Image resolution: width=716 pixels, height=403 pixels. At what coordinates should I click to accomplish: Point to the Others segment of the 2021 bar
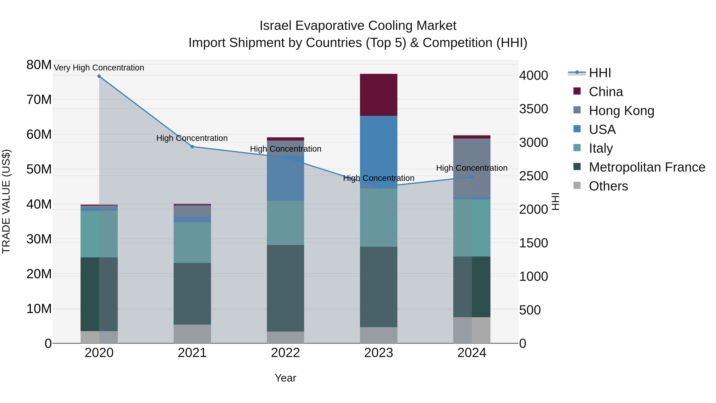(x=192, y=334)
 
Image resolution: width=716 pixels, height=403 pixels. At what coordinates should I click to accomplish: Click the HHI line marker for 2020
(x=99, y=76)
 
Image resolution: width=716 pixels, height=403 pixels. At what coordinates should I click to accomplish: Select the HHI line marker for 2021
(x=192, y=146)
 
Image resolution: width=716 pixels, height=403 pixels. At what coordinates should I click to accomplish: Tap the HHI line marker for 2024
(x=472, y=177)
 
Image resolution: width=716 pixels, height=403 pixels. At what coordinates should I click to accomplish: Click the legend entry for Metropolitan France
(x=647, y=167)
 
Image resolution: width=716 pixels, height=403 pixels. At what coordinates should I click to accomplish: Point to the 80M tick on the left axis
(x=39, y=65)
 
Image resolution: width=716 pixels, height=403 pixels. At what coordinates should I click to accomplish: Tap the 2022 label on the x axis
(x=285, y=353)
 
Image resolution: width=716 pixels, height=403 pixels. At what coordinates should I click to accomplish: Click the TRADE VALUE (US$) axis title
(x=6, y=201)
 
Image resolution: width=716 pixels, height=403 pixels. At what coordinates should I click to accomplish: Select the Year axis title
(x=285, y=378)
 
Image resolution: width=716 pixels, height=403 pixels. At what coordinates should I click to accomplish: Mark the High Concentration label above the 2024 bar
(x=472, y=168)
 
